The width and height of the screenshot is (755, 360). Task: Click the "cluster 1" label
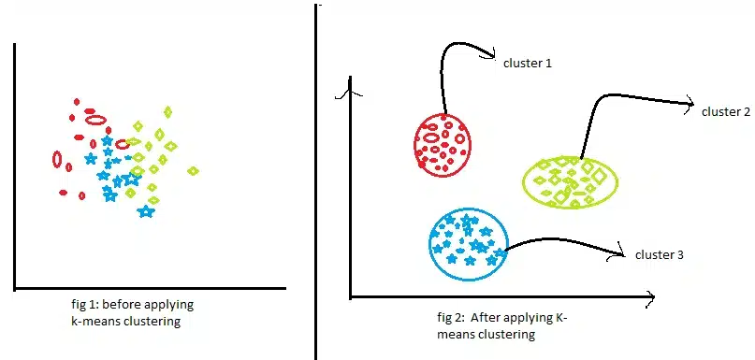(527, 64)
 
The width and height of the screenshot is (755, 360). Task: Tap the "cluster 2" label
(726, 112)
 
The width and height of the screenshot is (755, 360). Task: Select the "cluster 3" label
(660, 255)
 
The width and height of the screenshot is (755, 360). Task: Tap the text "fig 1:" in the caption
(85, 305)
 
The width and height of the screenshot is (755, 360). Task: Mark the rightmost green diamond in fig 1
(193, 171)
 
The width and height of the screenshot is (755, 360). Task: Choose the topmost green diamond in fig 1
(167, 112)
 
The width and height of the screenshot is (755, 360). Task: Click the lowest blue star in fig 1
(145, 210)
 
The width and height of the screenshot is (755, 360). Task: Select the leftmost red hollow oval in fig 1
(57, 159)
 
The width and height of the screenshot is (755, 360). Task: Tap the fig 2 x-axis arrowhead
(648, 298)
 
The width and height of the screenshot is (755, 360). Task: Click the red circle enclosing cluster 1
(415, 144)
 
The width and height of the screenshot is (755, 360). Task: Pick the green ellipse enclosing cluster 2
(523, 182)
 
